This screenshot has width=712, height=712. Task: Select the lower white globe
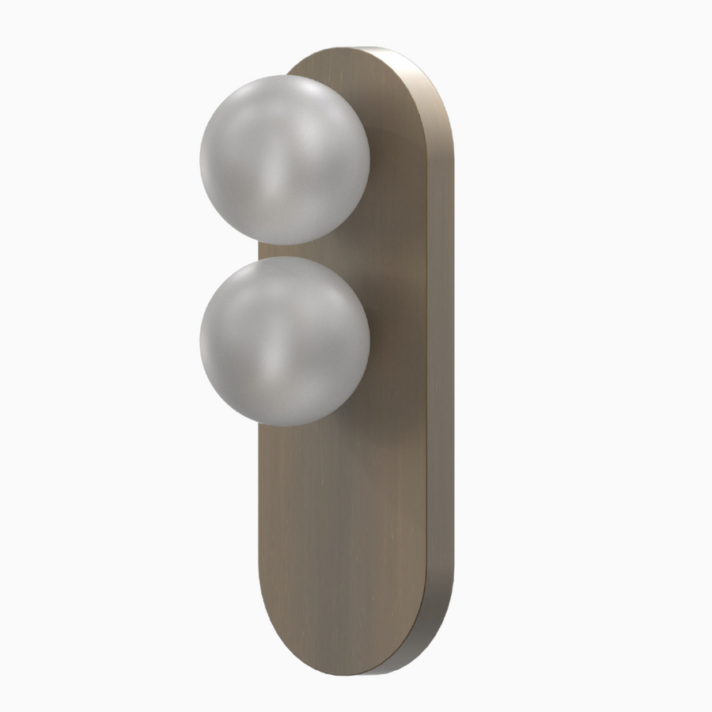coord(285,341)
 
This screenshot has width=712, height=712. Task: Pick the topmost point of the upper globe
coord(285,75)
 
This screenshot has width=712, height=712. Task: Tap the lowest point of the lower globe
coord(285,426)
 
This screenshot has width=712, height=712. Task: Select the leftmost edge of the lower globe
coord(201,341)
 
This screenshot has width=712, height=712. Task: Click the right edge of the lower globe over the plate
coord(368,341)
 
